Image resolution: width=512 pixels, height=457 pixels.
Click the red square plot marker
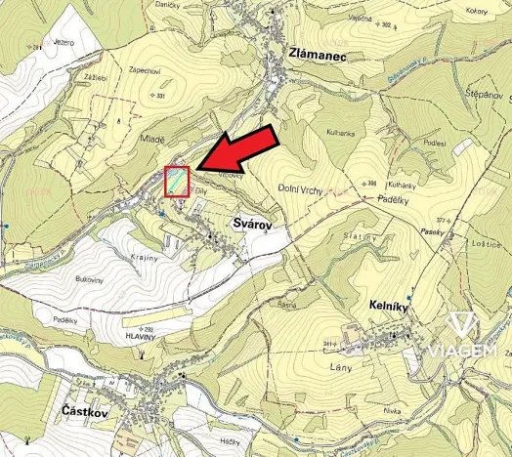point(177,183)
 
